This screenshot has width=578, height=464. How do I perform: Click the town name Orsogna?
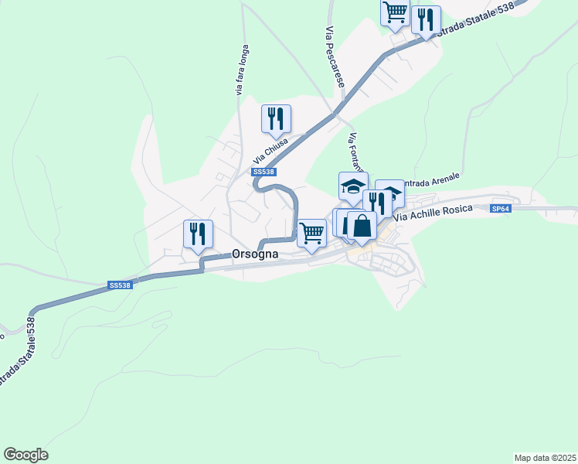pos(255,254)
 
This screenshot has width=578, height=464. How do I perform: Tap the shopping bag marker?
pos(362,226)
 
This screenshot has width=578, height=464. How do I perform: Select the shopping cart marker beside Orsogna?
pos(311,232)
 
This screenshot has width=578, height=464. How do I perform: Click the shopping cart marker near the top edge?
pos(395,12)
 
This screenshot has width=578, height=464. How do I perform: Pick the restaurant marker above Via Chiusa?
pos(276,118)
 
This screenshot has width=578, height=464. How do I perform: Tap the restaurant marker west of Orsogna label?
pos(198,234)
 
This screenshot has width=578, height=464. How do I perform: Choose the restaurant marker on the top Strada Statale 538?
pos(425,19)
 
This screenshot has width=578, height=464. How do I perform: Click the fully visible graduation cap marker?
pos(353,186)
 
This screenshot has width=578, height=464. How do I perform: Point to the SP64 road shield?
pos(501,209)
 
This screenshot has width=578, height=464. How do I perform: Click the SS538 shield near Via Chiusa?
pos(263,172)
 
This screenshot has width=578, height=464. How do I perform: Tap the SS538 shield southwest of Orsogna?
pos(121,285)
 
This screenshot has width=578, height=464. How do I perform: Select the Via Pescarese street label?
pos(335,55)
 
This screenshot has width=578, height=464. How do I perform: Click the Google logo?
pos(25,455)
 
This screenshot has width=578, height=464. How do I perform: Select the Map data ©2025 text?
pos(545,458)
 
